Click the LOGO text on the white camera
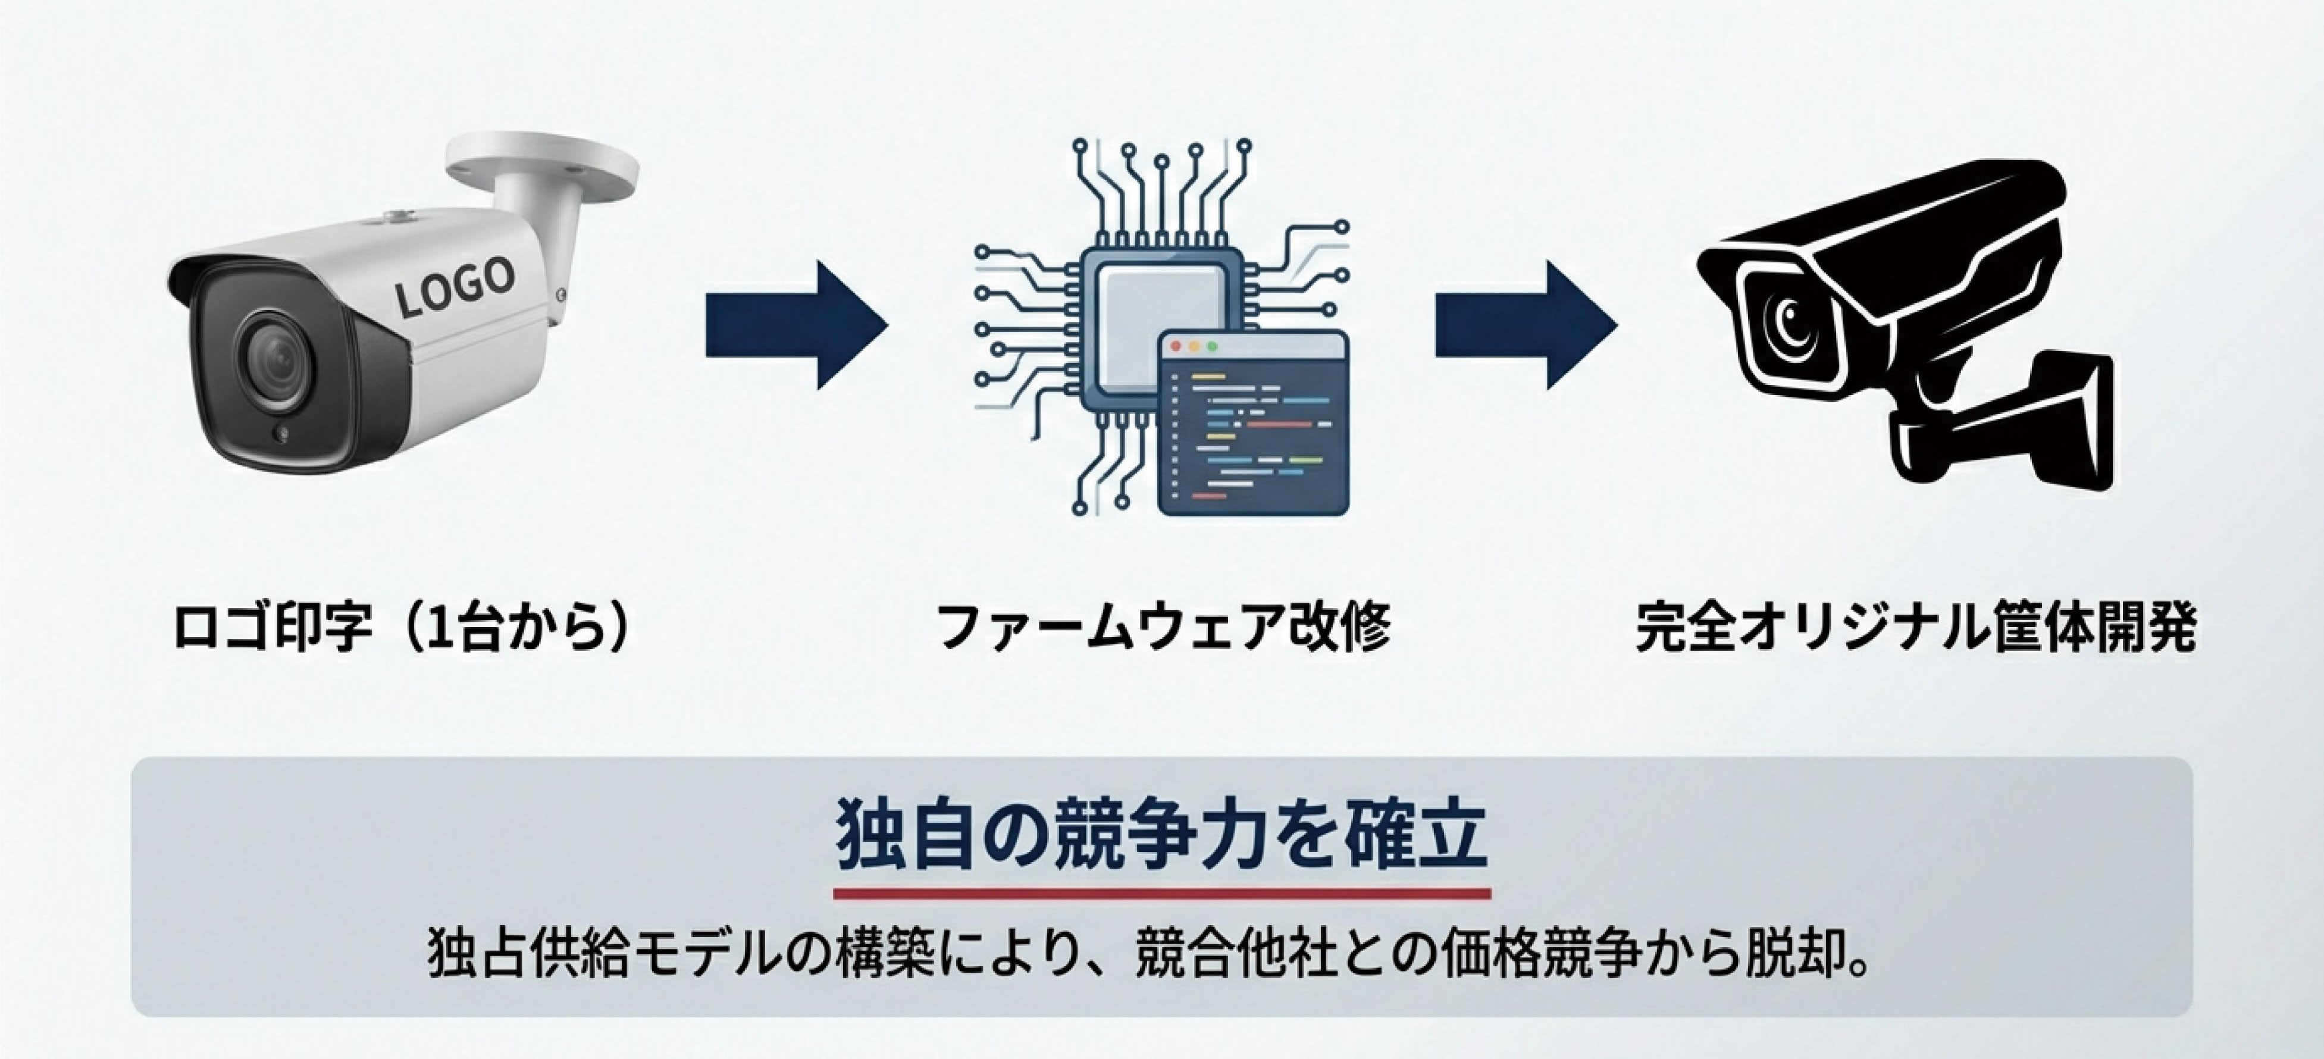pos(456,287)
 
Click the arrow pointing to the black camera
pos(1526,325)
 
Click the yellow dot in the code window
pos(1194,346)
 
